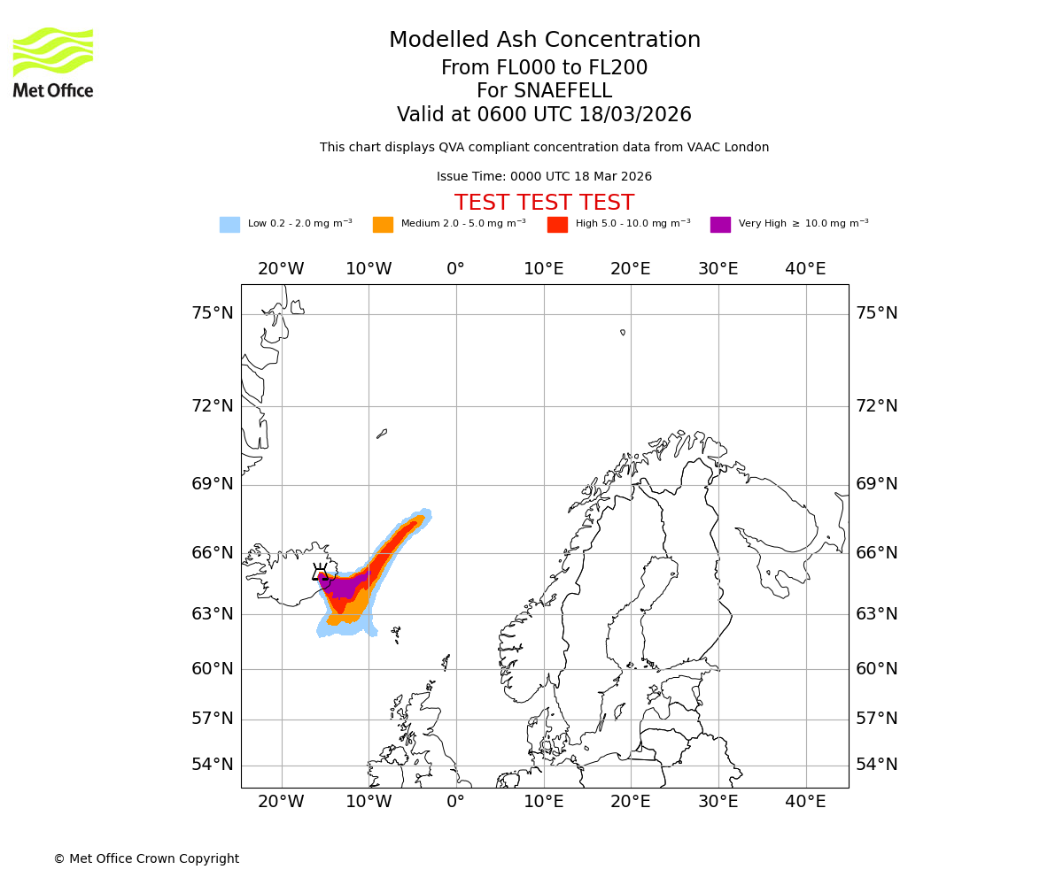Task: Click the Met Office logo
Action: (53, 62)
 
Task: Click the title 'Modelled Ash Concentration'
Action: (544, 41)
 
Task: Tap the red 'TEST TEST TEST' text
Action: (544, 203)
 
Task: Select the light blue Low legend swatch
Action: (229, 225)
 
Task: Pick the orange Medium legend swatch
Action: (383, 225)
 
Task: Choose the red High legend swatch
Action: (557, 225)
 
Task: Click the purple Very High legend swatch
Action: (720, 225)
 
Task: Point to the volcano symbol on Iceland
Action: (320, 573)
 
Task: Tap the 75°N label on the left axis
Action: (213, 313)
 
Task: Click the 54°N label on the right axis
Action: (876, 765)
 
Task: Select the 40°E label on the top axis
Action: (805, 269)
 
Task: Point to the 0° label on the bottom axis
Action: (455, 802)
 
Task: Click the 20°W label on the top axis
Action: (281, 269)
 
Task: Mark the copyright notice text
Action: (146, 858)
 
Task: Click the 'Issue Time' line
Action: (544, 177)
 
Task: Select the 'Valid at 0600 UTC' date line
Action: (544, 115)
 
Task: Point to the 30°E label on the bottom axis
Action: (718, 802)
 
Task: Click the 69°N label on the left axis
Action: (213, 484)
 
